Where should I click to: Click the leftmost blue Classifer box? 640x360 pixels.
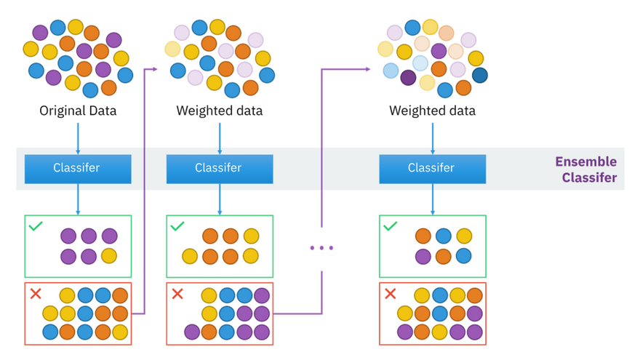click(77, 168)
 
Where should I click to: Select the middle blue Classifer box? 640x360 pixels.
click(219, 168)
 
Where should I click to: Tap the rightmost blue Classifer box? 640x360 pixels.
click(432, 168)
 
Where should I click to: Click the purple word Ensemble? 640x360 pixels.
click(585, 161)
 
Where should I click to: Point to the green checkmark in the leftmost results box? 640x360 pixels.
click(35, 226)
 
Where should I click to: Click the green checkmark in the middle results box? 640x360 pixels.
click(177, 226)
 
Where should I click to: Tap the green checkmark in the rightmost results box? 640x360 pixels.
click(390, 226)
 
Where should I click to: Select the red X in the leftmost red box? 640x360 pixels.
click(35, 294)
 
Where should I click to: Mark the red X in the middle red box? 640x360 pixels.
click(177, 294)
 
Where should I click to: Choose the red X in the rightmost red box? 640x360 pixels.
click(390, 294)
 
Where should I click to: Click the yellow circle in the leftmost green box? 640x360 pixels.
click(109, 255)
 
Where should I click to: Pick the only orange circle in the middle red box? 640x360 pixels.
click(209, 332)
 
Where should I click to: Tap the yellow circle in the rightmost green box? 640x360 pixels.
click(464, 236)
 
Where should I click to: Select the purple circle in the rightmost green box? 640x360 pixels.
click(423, 256)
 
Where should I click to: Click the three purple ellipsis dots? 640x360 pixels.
click(321, 248)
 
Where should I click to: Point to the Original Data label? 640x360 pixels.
click(77, 111)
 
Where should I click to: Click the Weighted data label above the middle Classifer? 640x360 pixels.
click(219, 111)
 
